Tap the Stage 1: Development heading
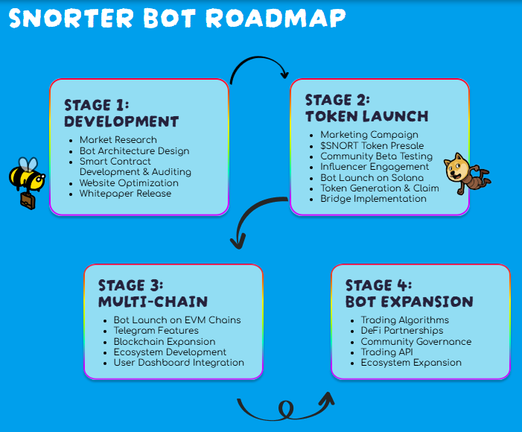(121, 112)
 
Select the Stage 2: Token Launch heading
(366, 108)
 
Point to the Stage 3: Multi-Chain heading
(153, 293)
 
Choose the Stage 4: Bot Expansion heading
(409, 293)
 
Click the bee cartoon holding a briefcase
(26, 181)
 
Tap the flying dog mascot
(465, 172)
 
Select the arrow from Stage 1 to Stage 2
(259, 69)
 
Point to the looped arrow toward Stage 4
(285, 407)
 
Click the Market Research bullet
(118, 140)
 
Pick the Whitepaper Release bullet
(125, 194)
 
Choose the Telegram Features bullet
(156, 331)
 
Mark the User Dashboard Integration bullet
(179, 363)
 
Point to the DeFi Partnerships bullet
(401, 331)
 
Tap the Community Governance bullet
(416, 342)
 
